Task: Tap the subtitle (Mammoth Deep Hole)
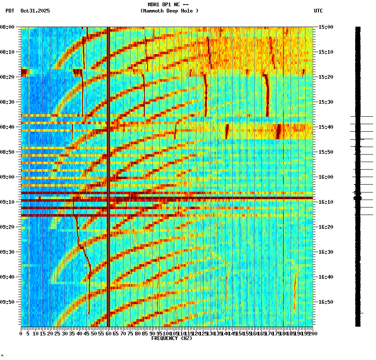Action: click(x=169, y=11)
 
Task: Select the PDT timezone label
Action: click(x=10, y=11)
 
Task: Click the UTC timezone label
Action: click(x=318, y=11)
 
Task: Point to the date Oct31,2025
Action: click(x=35, y=11)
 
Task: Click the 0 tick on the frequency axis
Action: click(x=21, y=334)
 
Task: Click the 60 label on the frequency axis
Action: click(x=109, y=334)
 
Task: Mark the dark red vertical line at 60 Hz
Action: click(x=108, y=167)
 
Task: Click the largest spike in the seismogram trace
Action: click(x=358, y=197)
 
